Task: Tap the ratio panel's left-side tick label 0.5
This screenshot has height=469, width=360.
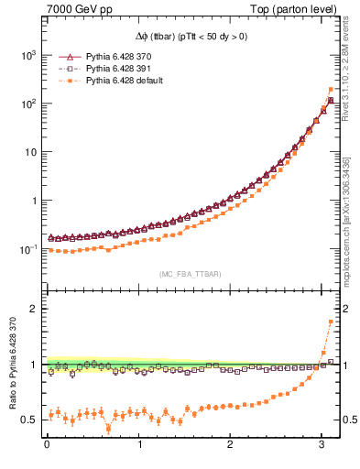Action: (x=30, y=420)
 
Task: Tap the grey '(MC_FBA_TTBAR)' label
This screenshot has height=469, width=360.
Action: (x=190, y=274)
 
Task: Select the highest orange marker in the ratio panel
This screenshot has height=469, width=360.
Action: (x=331, y=322)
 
